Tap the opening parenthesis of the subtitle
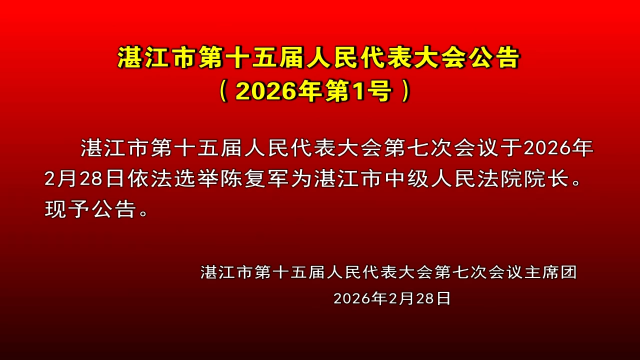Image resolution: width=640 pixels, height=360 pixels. pyautogui.click(x=224, y=91)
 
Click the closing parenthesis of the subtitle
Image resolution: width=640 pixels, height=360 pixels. pyautogui.click(x=404, y=91)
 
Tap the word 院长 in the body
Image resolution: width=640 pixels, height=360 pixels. pyautogui.click(x=562, y=180)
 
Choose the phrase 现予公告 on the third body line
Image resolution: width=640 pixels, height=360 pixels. pyautogui.click(x=92, y=211)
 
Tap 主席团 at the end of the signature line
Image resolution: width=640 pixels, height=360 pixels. pyautogui.click(x=557, y=271)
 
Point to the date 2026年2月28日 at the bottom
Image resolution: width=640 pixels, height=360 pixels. pyautogui.click(x=392, y=298)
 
